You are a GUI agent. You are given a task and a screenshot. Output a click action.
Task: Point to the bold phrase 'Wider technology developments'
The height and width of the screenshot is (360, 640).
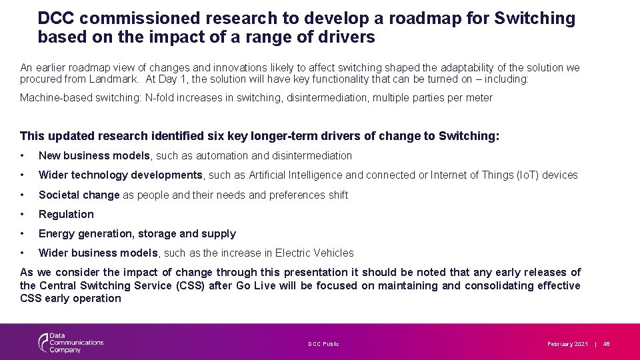[120, 175]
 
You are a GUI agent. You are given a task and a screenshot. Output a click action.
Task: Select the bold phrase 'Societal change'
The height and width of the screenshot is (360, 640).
[79, 195]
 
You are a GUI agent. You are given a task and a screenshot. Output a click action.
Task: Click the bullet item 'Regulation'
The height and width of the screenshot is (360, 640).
[66, 214]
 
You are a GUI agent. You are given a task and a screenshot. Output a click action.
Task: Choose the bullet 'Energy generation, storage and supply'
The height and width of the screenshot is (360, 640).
[137, 233]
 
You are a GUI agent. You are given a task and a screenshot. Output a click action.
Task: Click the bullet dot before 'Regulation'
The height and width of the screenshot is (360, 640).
[23, 214]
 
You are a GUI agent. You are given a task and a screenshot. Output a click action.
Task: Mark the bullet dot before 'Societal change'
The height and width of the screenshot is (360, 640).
[23, 195]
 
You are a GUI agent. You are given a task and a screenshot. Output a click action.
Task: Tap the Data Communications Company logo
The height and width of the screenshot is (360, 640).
[70, 343]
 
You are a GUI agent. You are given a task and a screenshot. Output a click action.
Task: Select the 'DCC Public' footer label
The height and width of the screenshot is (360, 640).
[323, 344]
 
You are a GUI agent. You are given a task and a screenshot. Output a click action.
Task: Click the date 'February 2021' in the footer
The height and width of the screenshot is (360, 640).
[567, 344]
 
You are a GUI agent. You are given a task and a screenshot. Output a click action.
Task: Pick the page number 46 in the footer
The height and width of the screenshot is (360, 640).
[607, 344]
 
